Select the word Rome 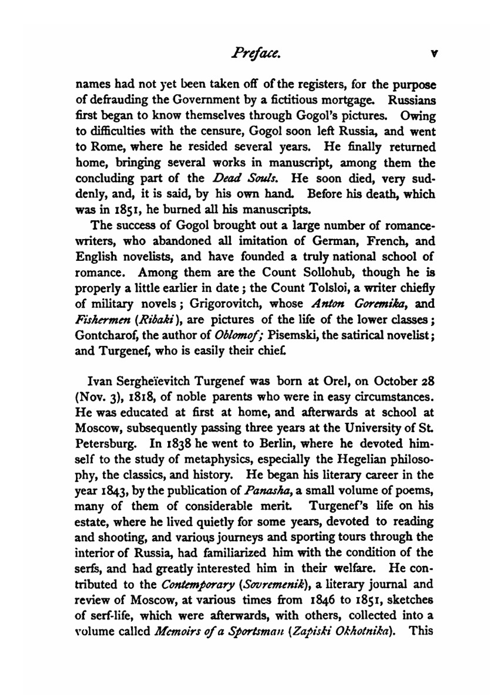[x=103, y=147]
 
